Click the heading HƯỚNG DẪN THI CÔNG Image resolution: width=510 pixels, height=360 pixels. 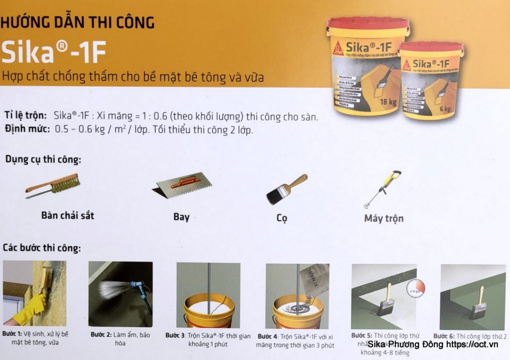pos(77,22)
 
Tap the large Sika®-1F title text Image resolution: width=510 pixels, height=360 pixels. pos(54,52)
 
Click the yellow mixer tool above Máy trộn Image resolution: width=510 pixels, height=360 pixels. pos(383,189)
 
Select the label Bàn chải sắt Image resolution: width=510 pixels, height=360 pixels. pos(67,215)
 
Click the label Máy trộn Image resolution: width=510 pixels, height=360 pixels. pos(384,219)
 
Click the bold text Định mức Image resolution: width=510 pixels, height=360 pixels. pos(27,129)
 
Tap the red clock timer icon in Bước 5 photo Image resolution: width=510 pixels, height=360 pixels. pos(415,288)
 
